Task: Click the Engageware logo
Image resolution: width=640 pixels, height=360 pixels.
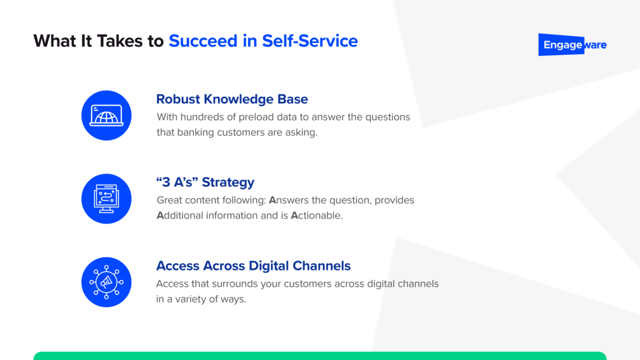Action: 572,45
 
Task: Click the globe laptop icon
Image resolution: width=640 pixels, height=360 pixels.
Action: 106,116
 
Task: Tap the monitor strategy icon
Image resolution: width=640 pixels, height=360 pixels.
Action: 106,199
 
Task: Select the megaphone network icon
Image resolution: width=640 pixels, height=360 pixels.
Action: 106,282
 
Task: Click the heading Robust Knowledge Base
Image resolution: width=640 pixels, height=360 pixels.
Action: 232,100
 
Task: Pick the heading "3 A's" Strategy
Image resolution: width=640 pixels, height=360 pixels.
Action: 205,182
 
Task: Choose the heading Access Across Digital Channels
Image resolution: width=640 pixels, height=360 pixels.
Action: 253,266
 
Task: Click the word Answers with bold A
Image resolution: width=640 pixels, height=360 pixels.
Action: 288,200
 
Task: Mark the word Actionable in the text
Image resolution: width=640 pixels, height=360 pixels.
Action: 316,215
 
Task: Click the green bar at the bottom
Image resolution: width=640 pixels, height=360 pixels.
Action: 319,356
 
